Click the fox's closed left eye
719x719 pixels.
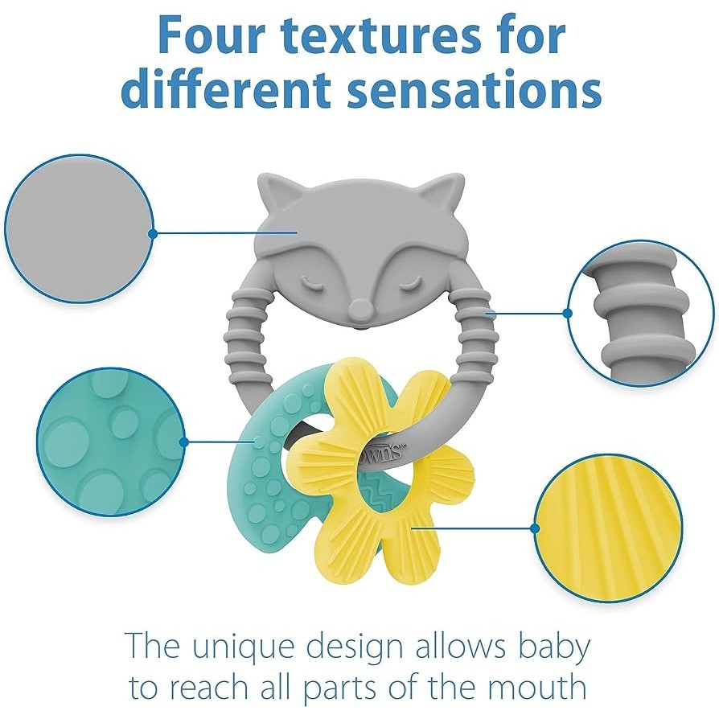tap(314, 284)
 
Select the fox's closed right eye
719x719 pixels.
tap(407, 284)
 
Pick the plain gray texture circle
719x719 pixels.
tap(79, 229)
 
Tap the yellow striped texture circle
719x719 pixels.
tap(608, 528)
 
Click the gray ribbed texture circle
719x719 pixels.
tap(641, 313)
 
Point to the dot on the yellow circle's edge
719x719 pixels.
tap(534, 528)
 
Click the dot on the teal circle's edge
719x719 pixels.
tap(184, 442)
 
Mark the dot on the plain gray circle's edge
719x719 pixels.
tap(153, 233)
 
